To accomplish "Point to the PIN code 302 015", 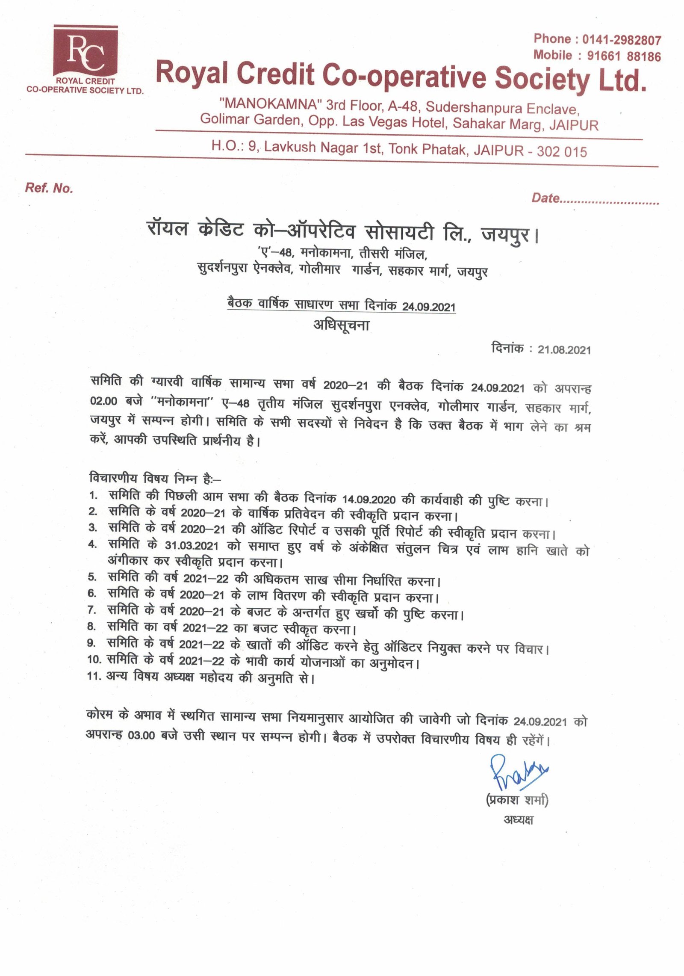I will [x=562, y=151].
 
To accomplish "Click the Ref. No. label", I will [x=49, y=188].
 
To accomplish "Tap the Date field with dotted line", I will [x=595, y=198].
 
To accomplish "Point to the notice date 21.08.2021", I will [x=564, y=350].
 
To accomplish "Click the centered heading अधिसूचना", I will [x=341, y=325].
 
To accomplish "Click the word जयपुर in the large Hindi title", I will [x=505, y=234].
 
